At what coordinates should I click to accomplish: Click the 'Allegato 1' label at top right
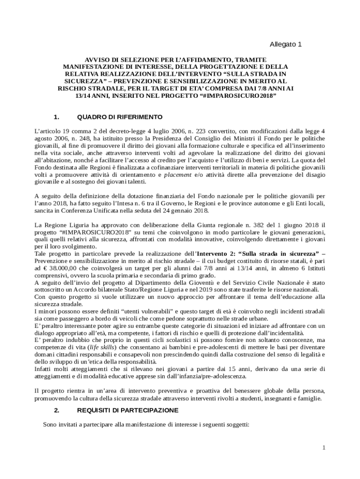[x=286, y=44]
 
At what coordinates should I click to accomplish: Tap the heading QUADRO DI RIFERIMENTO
[x=120, y=116]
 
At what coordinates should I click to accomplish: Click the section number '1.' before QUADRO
[x=57, y=116]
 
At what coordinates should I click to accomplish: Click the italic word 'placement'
[x=177, y=174]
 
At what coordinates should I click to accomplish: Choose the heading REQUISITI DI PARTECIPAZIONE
[x=128, y=410]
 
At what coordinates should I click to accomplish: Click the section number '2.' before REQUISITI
[x=57, y=410]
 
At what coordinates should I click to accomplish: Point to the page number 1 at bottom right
[x=323, y=448]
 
